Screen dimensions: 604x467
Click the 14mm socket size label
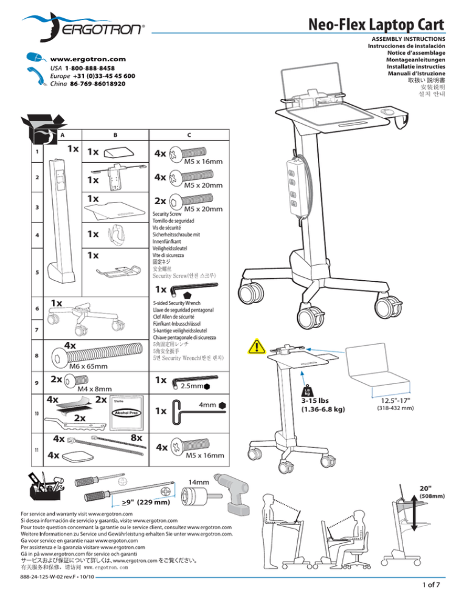pos(199,482)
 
